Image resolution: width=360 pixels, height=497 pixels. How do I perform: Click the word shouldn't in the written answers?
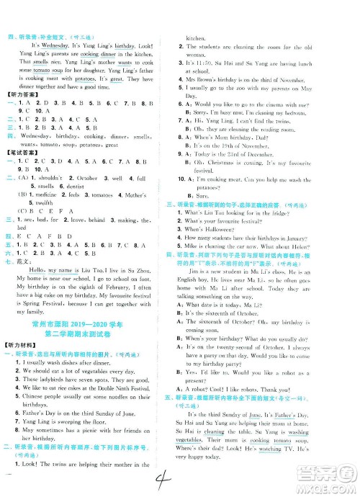[48, 177]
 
